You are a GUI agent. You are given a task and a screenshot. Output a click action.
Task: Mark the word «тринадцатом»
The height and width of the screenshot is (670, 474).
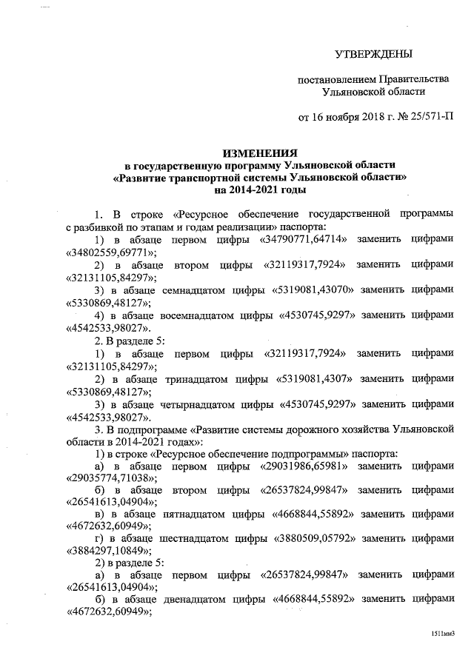pyautogui.click(x=192, y=378)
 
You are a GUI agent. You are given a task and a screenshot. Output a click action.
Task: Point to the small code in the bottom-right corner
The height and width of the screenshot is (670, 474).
pyautogui.click(x=442, y=634)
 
